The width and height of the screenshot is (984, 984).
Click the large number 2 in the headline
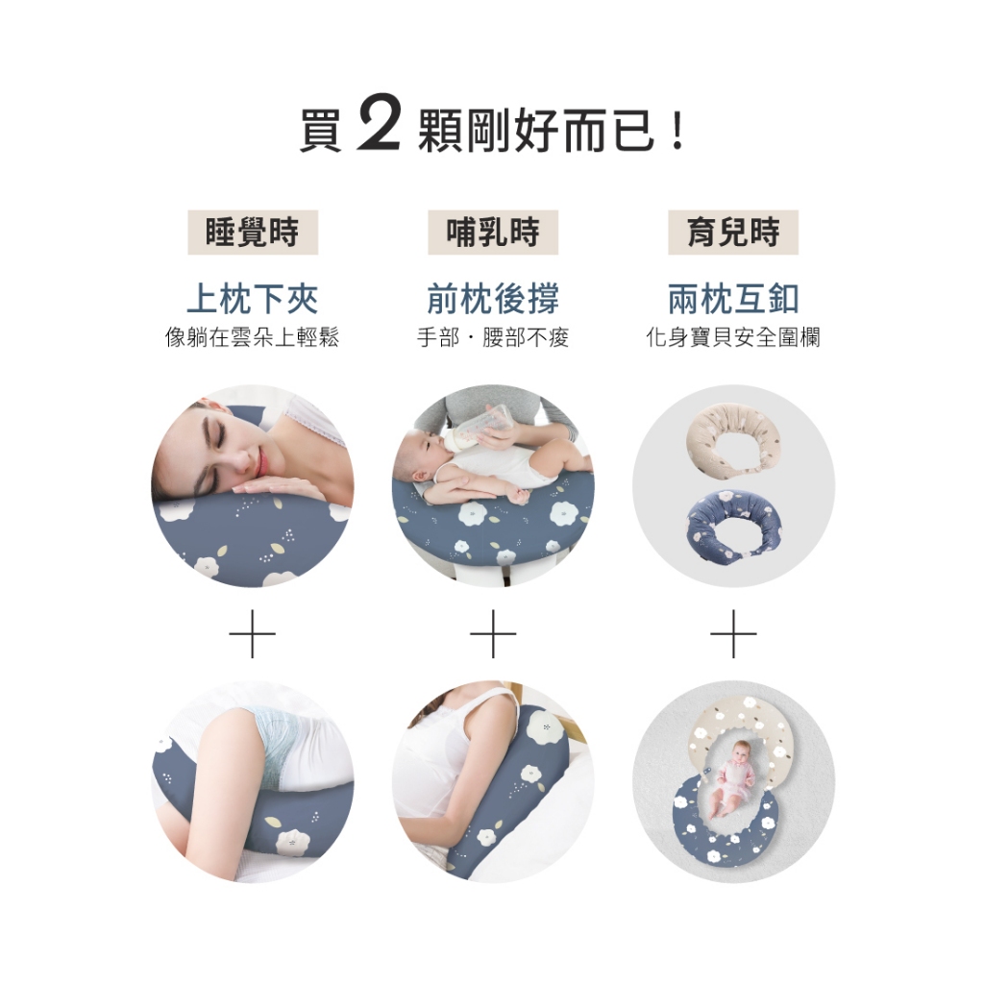(x=379, y=123)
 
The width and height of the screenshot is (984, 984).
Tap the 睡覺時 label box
(x=253, y=233)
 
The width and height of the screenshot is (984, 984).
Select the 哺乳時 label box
(x=493, y=233)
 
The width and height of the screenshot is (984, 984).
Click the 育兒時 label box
(x=733, y=233)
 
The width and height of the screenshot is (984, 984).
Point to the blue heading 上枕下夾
(x=253, y=298)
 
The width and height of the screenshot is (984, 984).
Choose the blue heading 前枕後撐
(x=493, y=298)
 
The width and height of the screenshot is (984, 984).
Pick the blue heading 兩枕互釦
(x=733, y=298)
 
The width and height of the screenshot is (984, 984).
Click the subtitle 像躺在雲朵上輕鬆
(x=253, y=337)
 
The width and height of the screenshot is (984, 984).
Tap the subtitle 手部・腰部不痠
(x=493, y=337)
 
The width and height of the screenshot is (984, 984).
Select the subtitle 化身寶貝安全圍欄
(x=733, y=337)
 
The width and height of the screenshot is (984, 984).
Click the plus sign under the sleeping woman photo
(x=253, y=634)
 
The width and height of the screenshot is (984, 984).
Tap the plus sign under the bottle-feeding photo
(x=493, y=634)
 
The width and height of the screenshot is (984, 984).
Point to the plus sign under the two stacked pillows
(x=733, y=634)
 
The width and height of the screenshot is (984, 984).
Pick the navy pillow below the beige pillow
(x=734, y=524)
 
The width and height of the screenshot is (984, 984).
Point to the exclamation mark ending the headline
(x=677, y=131)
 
